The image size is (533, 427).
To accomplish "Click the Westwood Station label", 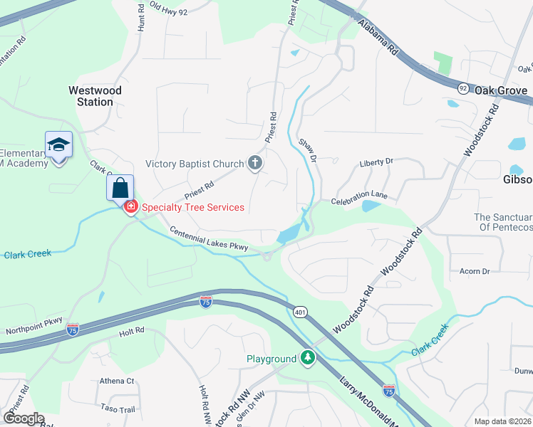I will click(95, 96).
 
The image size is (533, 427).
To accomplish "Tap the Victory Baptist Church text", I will click(195, 164).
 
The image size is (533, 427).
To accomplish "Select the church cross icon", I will click(255, 164).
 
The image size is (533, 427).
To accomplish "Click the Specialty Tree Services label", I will click(192, 208).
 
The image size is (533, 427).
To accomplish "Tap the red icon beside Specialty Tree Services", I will click(130, 207).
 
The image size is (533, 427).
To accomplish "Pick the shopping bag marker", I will click(120, 189).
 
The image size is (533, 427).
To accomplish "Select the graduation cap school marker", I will click(58, 145).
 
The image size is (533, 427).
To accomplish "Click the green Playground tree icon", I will click(308, 358).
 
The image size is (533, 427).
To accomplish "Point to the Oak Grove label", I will click(501, 91).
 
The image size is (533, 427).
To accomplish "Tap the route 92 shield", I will click(463, 88).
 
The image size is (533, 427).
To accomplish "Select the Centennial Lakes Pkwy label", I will click(208, 240).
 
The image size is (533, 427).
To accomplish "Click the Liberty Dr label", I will click(376, 162).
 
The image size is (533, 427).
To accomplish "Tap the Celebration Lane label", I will click(358, 195).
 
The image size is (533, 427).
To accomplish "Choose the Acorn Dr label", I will click(475, 271).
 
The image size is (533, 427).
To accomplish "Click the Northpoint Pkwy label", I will click(34, 322).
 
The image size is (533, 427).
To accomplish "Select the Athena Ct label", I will click(117, 381).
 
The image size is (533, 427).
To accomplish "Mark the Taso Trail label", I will click(118, 409).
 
